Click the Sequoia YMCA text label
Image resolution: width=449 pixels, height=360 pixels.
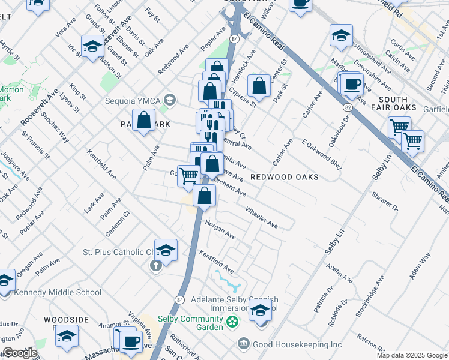tap(133, 100)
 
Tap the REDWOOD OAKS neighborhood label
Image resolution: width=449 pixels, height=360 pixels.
tap(284, 177)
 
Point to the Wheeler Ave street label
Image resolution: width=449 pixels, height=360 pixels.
tap(261, 217)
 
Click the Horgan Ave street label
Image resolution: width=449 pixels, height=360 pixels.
tap(220, 229)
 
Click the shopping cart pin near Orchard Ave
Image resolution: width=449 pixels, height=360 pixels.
tap(189, 175)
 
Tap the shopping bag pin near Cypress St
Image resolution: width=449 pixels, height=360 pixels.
tap(259, 86)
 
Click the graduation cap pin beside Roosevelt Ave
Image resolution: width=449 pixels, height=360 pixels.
tap(92, 46)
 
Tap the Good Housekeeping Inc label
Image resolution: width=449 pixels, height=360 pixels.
tap(297, 344)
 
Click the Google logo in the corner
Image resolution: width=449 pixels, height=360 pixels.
tap(20, 353)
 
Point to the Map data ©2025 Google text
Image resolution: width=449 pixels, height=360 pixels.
tap(411, 355)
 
